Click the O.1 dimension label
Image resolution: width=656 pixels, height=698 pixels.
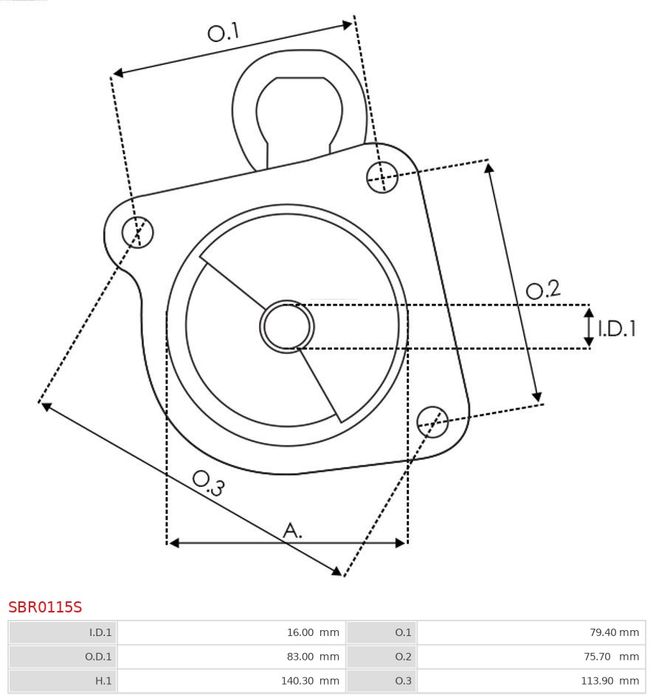(224, 32)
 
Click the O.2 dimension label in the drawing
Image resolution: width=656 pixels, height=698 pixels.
(543, 289)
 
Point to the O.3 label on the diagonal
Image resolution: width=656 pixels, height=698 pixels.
(208, 483)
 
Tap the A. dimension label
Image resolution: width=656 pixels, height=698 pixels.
(293, 530)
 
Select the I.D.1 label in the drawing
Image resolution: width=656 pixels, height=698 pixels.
(617, 328)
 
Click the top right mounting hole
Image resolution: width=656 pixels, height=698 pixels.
(382, 177)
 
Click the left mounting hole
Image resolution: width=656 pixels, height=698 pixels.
(138, 232)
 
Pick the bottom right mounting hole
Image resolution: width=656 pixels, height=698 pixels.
(432, 421)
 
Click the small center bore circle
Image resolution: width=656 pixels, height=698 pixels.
(286, 326)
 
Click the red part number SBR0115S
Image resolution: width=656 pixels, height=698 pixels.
(45, 607)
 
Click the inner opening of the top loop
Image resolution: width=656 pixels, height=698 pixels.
(299, 111)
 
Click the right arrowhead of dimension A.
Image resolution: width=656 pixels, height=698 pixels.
(401, 543)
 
